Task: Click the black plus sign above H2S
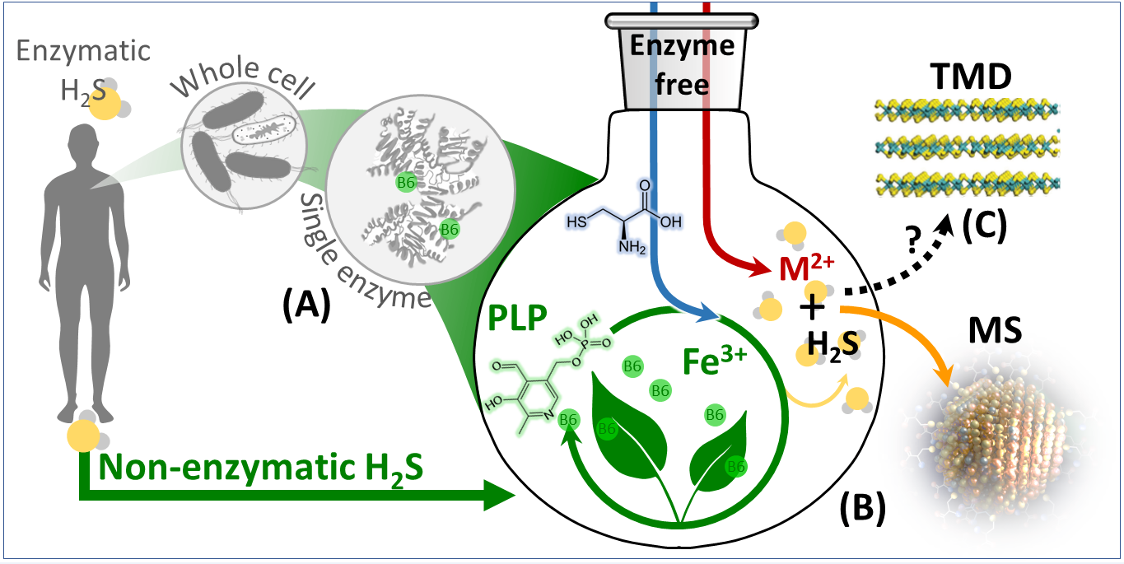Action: pos(813,309)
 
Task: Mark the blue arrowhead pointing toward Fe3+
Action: pos(712,315)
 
